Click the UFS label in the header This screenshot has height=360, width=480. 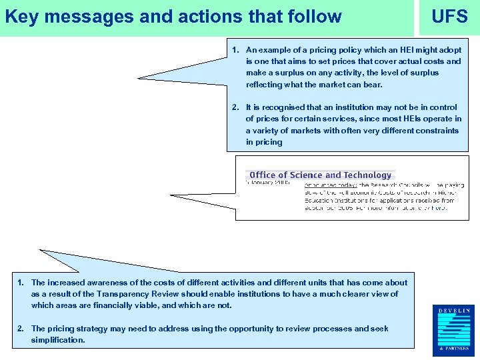449,17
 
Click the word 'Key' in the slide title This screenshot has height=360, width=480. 20,17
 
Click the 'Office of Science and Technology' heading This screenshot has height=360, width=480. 321,175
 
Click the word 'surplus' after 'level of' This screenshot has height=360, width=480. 425,73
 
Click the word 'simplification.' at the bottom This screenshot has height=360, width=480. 58,340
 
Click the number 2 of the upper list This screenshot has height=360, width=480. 235,107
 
